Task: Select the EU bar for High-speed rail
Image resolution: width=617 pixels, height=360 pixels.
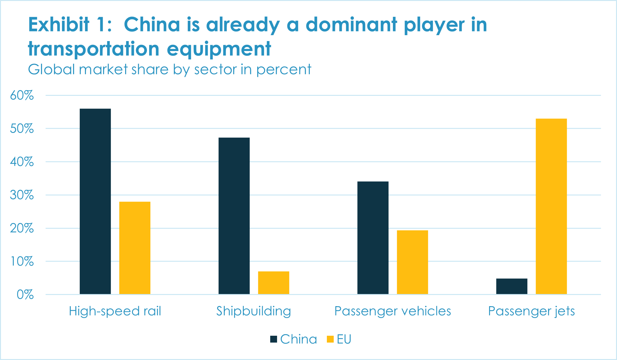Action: [135, 248]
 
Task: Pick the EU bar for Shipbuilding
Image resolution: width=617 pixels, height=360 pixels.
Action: [274, 283]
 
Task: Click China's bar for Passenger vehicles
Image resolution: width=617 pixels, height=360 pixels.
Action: [373, 238]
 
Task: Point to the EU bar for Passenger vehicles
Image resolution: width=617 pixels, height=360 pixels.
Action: [412, 262]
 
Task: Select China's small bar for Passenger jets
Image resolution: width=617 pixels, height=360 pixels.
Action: [512, 286]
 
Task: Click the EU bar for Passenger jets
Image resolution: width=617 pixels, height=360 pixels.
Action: [551, 206]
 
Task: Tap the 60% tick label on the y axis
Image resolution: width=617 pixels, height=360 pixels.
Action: [22, 96]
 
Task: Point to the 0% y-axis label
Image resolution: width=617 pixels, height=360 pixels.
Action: [25, 295]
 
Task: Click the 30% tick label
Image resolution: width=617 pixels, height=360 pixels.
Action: [22, 195]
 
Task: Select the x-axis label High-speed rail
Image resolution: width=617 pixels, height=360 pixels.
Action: [115, 311]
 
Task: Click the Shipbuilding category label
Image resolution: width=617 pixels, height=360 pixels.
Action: [254, 311]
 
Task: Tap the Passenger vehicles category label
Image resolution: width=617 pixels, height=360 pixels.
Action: [393, 311]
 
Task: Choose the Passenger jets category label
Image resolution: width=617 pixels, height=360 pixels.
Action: [531, 311]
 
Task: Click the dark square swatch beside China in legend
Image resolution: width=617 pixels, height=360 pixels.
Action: [274, 339]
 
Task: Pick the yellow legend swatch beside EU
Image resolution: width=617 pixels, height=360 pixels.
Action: [330, 339]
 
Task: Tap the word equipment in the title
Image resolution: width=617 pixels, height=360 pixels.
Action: [219, 49]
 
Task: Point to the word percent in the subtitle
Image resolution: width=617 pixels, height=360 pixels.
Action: [284, 69]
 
